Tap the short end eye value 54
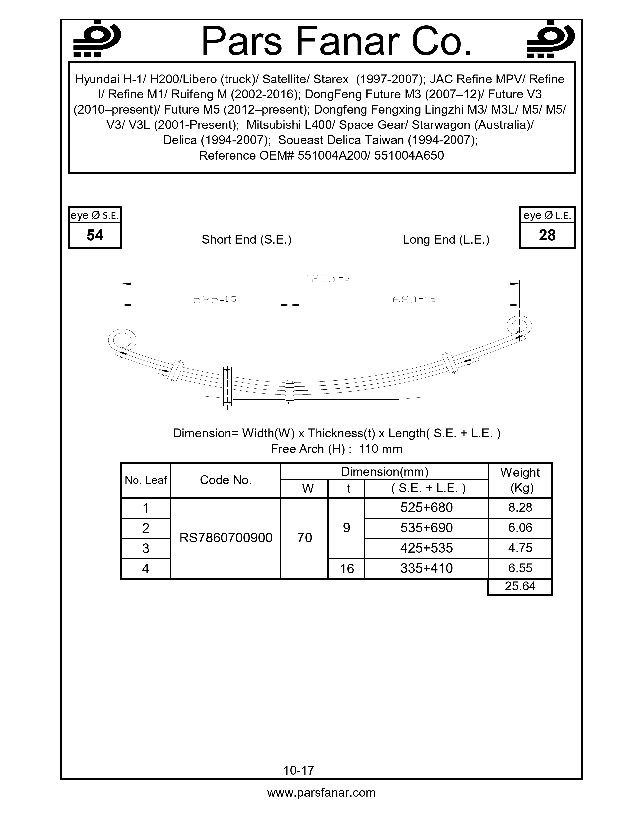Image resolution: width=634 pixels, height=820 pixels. (x=95, y=235)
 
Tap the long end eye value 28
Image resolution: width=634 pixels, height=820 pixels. (x=547, y=235)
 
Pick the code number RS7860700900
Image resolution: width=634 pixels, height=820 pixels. (x=226, y=538)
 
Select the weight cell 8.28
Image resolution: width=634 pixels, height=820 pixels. (x=520, y=508)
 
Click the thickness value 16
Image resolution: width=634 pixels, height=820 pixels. (x=346, y=569)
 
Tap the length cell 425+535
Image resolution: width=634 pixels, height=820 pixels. (x=426, y=548)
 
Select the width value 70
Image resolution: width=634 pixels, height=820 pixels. (x=304, y=538)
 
